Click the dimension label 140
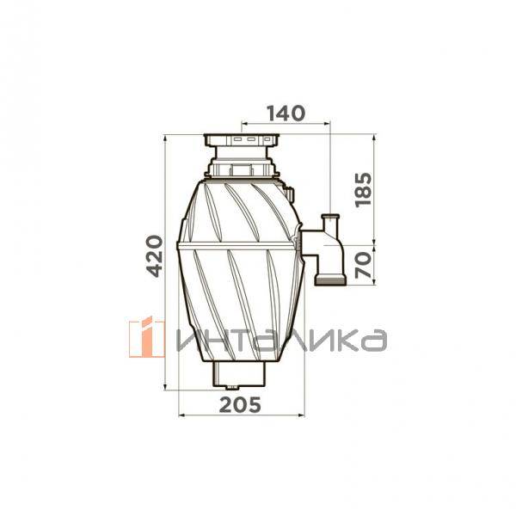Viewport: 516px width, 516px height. pyautogui.click(x=286, y=114)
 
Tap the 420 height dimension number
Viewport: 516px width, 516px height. pyautogui.click(x=154, y=255)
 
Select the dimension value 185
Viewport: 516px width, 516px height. pyautogui.click(x=363, y=189)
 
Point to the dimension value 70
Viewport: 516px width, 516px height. pyautogui.click(x=363, y=265)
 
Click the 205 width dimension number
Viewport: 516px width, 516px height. pyautogui.click(x=240, y=404)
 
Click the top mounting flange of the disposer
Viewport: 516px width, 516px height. pyautogui.click(x=242, y=140)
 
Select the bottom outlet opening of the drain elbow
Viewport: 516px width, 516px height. pyautogui.click(x=330, y=280)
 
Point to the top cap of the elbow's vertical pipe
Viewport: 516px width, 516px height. pyautogui.click(x=330, y=217)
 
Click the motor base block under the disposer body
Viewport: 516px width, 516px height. pyautogui.click(x=239, y=373)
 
